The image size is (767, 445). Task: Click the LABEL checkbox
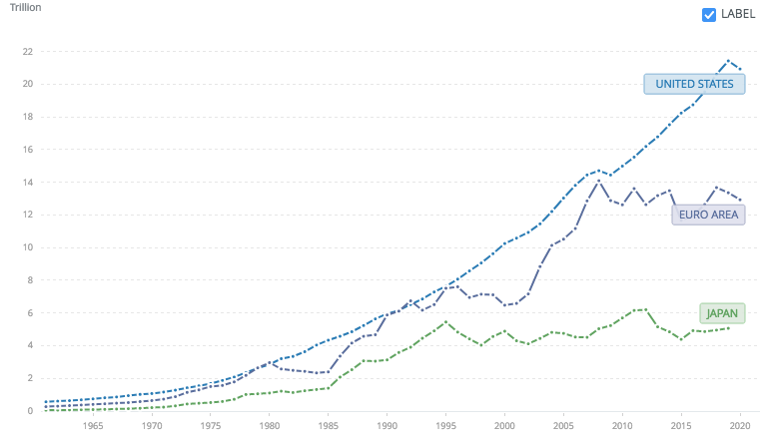(709, 14)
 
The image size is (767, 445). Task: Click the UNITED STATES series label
(694, 84)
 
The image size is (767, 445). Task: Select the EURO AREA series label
(708, 214)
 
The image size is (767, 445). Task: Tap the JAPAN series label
(721, 313)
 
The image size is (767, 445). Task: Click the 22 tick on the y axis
(27, 51)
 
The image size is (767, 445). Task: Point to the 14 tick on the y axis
(27, 182)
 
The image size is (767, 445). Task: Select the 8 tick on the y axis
(30, 280)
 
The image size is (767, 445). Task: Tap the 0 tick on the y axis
(30, 411)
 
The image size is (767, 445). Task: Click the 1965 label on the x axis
(94, 426)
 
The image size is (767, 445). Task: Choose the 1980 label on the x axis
(269, 426)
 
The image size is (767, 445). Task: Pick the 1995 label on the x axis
(444, 426)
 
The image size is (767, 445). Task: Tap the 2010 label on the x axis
(620, 426)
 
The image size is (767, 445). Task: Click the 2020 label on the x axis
(737, 426)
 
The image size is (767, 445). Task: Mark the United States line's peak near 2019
(728, 60)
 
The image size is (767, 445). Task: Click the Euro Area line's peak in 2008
(598, 181)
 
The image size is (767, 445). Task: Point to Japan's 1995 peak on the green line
(445, 321)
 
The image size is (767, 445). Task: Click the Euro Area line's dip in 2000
(504, 304)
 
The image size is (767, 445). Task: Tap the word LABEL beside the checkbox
(737, 14)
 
